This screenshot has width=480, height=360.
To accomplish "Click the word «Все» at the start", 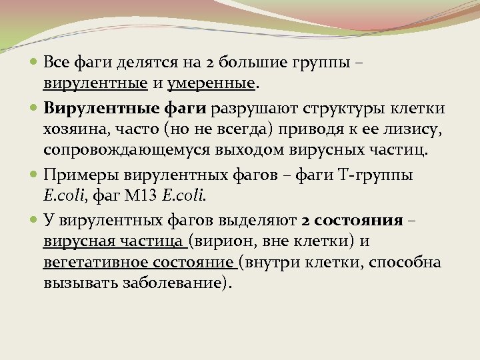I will (57, 63).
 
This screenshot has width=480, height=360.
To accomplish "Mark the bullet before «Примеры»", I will (35, 175).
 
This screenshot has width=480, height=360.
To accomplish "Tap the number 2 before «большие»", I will (211, 63).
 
